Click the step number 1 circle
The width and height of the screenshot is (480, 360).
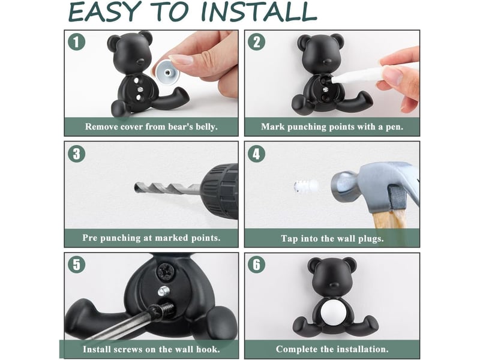76,42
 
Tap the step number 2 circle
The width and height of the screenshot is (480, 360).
257,42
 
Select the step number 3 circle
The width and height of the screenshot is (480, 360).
76,154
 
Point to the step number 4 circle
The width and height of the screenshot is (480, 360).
257,154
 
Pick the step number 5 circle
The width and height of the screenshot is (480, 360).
76,265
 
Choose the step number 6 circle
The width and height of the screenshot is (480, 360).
257,265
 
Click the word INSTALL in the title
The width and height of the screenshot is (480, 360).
259,11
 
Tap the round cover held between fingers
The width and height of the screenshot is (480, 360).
168,73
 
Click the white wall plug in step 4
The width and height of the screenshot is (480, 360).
305,186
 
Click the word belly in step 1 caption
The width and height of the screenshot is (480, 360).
205,127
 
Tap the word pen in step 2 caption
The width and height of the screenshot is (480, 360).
395,127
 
